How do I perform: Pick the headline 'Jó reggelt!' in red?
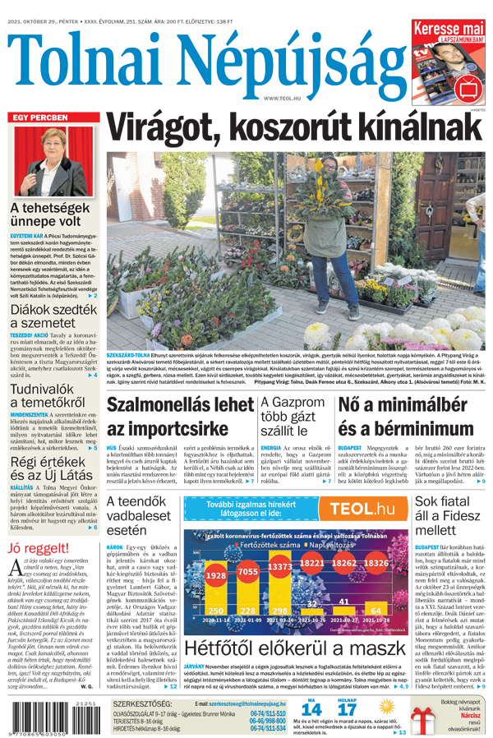38,549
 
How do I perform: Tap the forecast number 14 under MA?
311,708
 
